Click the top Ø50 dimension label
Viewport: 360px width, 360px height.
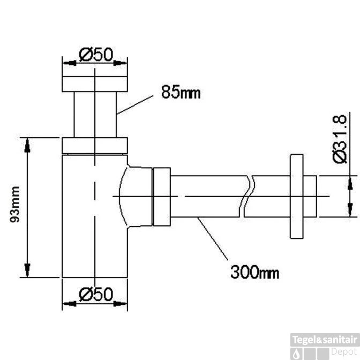tap(96, 55)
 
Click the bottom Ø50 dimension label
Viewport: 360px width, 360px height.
tap(96, 294)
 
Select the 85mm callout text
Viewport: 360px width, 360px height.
tap(181, 92)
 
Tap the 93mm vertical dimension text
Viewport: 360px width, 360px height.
tap(15, 204)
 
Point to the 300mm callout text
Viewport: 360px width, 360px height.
tap(255, 272)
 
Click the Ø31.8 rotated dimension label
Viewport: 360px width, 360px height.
tap(340, 139)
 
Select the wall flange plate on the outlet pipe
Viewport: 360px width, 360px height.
tap(296, 196)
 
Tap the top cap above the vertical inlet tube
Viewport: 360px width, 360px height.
tap(95, 84)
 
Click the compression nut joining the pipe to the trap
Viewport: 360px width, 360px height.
tap(162, 197)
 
